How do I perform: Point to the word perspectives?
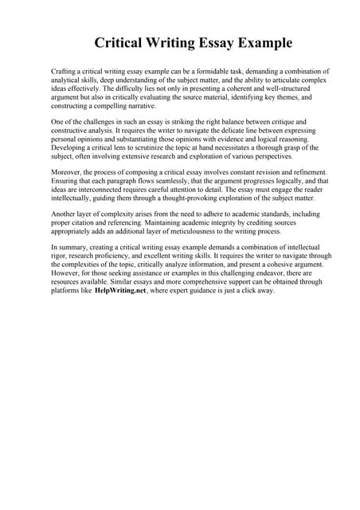coord(246,156)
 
